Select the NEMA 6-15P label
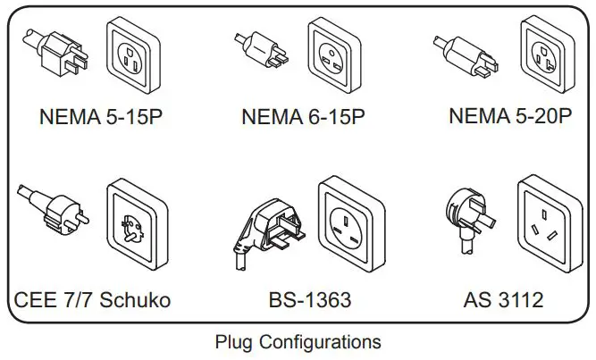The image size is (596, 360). (x=304, y=117)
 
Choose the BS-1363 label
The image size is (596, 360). (x=307, y=298)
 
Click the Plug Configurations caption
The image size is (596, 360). (x=298, y=341)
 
